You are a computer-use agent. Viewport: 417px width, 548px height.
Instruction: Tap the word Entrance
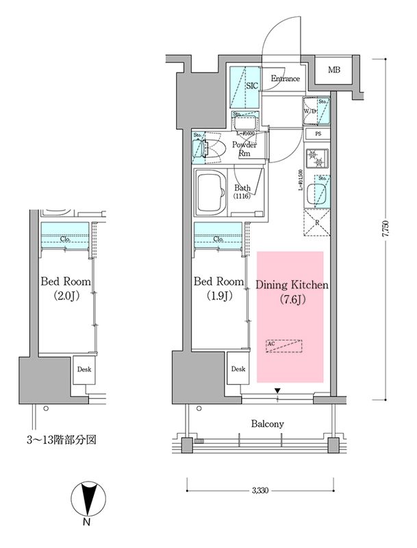pos(285,79)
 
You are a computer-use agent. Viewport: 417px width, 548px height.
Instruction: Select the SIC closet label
pos(251,86)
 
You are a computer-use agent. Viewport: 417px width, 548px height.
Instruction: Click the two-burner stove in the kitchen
pos(317,160)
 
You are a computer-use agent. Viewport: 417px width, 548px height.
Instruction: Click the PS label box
pos(318,134)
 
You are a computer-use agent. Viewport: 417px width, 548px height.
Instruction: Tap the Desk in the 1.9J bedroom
pos(238,370)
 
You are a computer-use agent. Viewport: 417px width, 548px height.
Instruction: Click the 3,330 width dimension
pos(260,490)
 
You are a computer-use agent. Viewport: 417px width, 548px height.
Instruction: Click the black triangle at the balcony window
pos(277,392)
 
